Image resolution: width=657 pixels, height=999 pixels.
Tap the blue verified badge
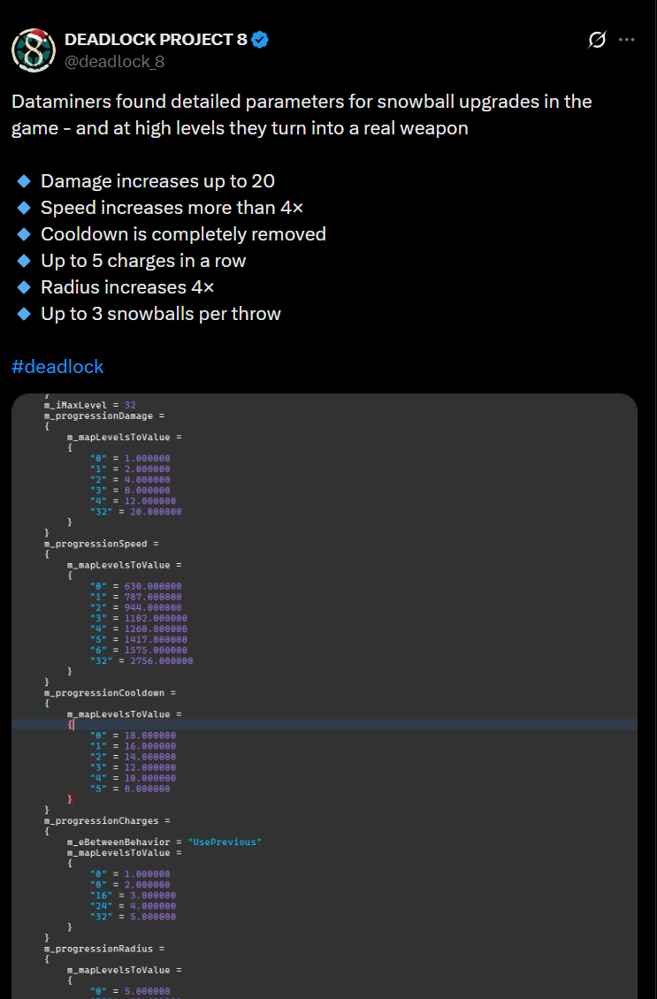(x=261, y=39)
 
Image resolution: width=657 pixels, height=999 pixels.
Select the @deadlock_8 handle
(x=114, y=61)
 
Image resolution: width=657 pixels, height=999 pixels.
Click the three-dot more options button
(x=627, y=40)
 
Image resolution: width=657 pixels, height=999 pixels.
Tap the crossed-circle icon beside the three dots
(x=597, y=40)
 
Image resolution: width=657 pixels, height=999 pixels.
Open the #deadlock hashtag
(x=57, y=366)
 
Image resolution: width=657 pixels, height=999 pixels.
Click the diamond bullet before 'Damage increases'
(x=24, y=181)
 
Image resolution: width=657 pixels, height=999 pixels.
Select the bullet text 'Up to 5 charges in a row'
(x=143, y=261)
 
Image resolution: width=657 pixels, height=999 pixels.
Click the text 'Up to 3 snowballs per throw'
(x=161, y=314)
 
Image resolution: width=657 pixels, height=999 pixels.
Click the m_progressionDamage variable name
(x=103, y=416)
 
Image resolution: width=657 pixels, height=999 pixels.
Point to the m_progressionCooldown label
(x=107, y=693)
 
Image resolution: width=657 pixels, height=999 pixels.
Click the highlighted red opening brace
(x=71, y=724)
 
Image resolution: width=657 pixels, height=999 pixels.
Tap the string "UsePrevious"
(x=225, y=843)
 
